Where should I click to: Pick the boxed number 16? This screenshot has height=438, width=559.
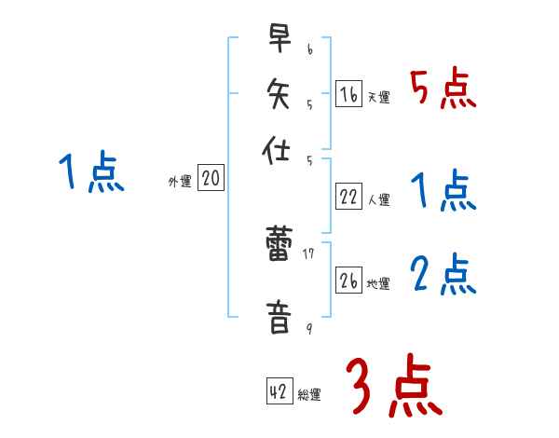tap(348, 94)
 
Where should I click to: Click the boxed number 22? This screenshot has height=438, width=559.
tap(348, 197)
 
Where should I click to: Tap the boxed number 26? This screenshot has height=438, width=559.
tap(348, 281)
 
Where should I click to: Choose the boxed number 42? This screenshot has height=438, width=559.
tap(279, 392)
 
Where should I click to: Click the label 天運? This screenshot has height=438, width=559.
tap(378, 97)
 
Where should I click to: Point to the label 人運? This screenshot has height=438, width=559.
tap(378, 199)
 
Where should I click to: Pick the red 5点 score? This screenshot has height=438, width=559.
tap(443, 89)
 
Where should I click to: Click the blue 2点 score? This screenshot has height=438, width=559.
tap(443, 276)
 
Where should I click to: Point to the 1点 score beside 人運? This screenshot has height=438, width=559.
tap(443, 192)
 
